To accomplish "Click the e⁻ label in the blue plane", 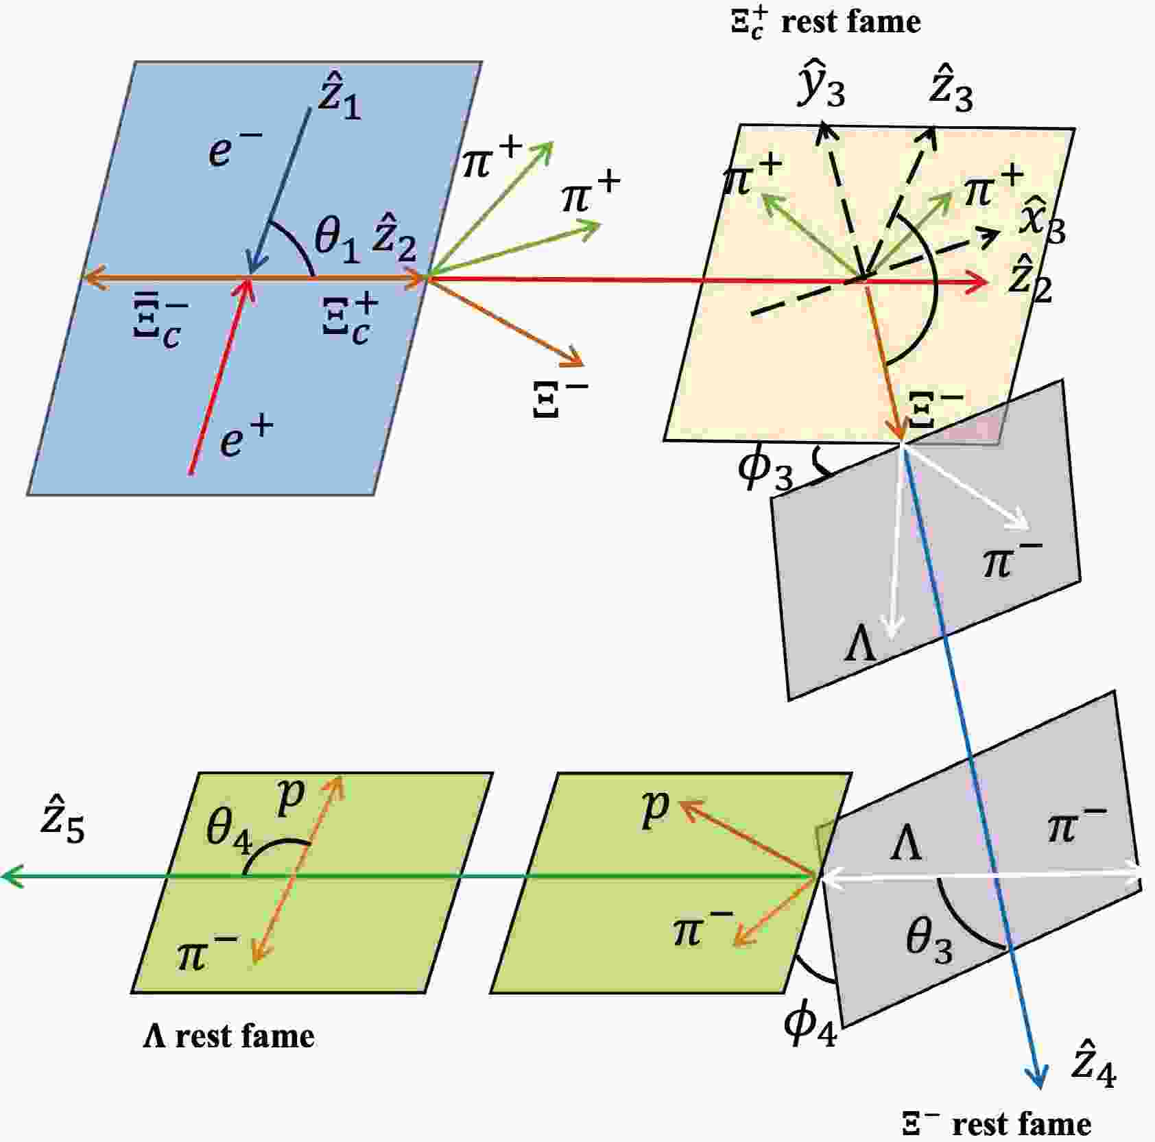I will tap(235, 150).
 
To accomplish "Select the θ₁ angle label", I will tap(337, 242).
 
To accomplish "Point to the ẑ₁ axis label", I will tap(339, 101).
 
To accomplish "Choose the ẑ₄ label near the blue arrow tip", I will tap(1093, 1065).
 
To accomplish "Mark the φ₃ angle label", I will tap(765, 470).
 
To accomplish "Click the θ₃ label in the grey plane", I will tap(929, 940).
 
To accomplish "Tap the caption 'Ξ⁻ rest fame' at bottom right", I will tap(996, 1123).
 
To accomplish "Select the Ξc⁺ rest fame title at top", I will tap(825, 23).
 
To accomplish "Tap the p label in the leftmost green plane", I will tap(291, 797).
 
